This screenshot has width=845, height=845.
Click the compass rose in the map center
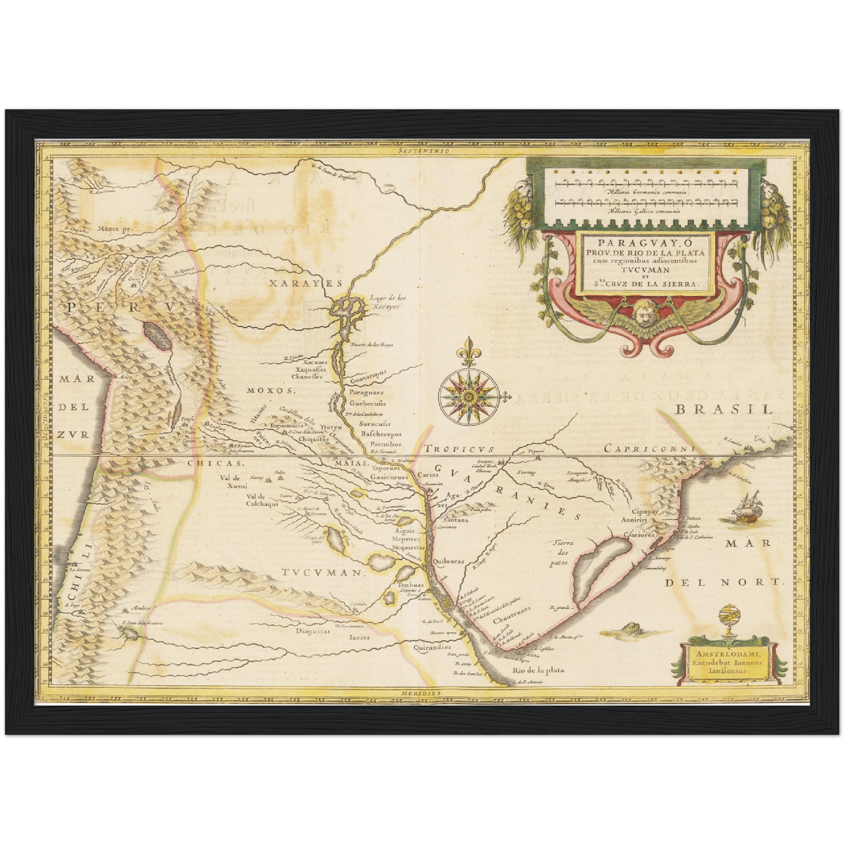coord(468,397)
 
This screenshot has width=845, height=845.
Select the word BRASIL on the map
coord(724,409)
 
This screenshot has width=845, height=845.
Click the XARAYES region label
coord(305,283)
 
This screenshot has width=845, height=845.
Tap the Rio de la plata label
coord(538,670)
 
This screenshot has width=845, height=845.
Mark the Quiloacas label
coord(449,561)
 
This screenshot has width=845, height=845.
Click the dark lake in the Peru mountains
coord(156,336)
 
